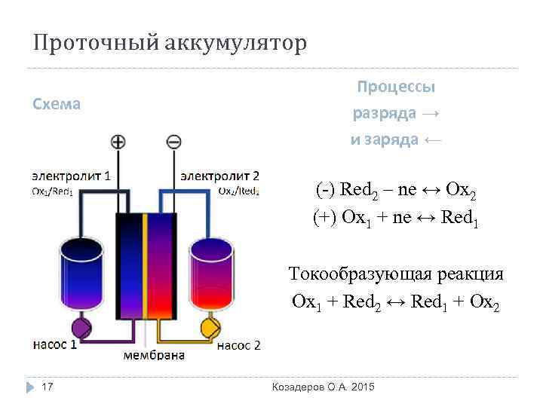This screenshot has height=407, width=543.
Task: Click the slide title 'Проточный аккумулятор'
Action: (x=170, y=43)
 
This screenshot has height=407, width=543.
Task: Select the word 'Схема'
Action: (x=57, y=104)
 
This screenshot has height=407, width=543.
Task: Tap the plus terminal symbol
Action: (x=118, y=142)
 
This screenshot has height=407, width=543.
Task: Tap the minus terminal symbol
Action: (x=173, y=142)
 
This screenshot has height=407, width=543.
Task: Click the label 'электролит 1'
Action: (x=72, y=176)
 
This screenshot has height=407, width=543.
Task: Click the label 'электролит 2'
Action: (x=219, y=176)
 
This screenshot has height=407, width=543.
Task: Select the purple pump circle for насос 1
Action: (x=81, y=329)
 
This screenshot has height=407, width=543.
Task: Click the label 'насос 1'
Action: (x=55, y=346)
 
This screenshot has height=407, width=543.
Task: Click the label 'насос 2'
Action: (x=238, y=346)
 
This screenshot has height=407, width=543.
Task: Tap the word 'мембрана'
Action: (x=154, y=356)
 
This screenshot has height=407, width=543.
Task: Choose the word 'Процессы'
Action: (x=395, y=87)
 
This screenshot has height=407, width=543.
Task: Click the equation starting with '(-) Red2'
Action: (x=395, y=190)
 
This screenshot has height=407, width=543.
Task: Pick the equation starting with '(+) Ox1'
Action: (x=395, y=218)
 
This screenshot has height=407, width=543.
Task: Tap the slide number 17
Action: (x=47, y=387)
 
